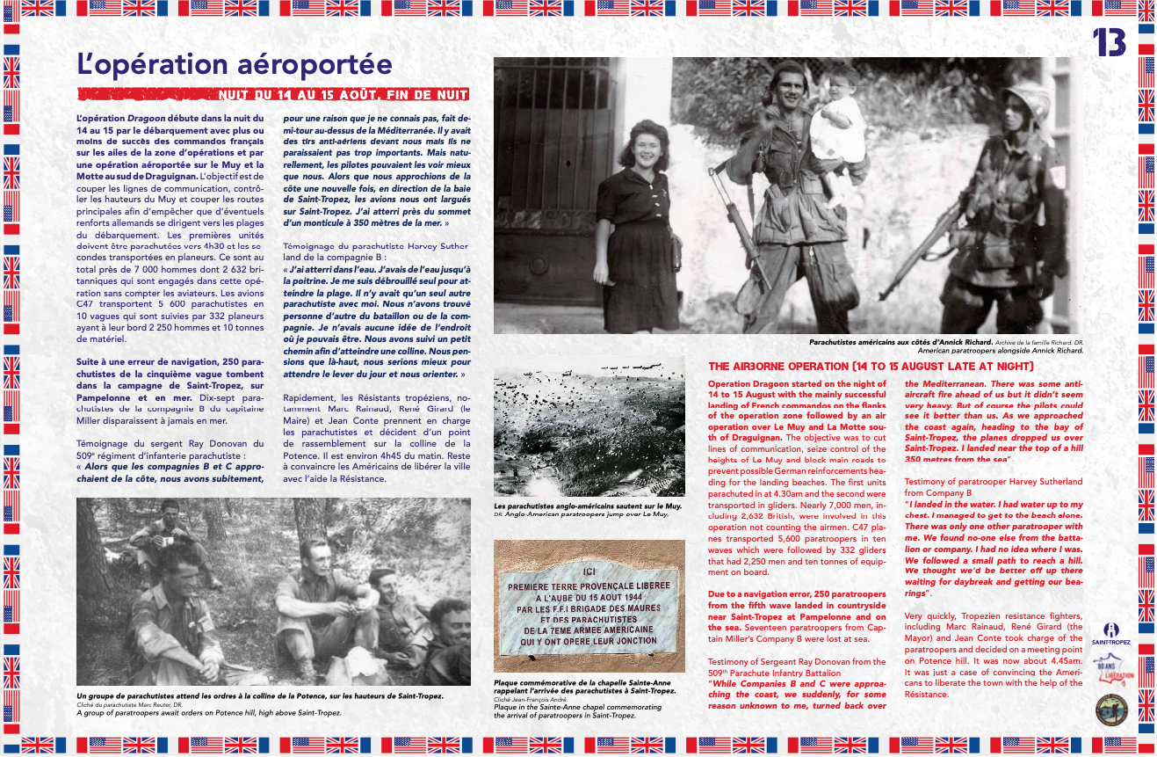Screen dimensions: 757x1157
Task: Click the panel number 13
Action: tap(1109, 41)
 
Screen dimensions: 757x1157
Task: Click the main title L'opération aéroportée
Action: tap(234, 65)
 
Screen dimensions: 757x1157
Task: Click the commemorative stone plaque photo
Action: tap(589, 608)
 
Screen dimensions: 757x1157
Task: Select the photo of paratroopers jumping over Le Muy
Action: tap(589, 426)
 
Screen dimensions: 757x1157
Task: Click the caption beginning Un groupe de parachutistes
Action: tap(260, 696)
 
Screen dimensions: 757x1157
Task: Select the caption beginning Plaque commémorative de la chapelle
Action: tap(585, 686)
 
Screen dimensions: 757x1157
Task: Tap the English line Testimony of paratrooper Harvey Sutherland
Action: tap(993, 482)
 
